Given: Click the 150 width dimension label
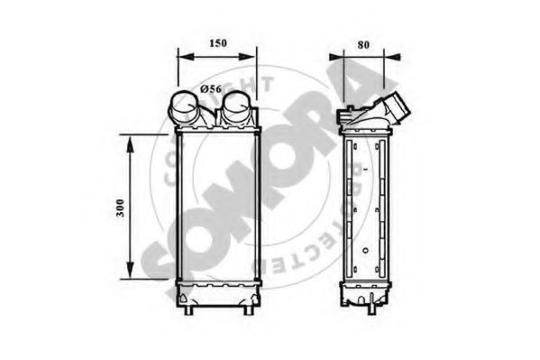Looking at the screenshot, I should [216, 42].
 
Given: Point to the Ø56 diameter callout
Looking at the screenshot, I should [210, 88].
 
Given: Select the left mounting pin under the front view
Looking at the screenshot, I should [189, 311].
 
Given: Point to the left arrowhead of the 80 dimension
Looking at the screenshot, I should [335, 56].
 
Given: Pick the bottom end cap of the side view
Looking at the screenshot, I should [366, 293].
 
